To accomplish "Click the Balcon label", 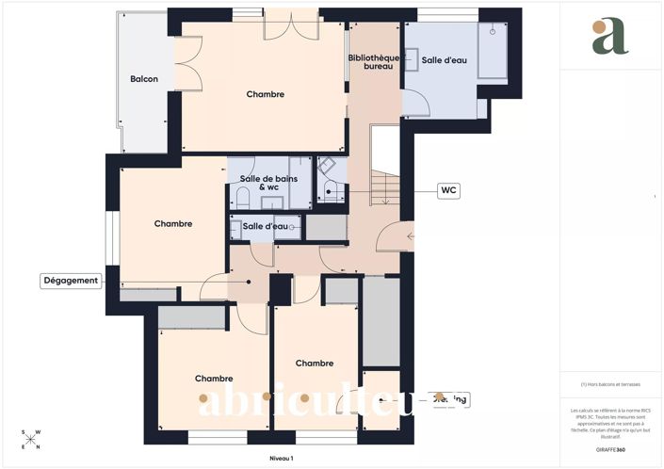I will pyautogui.click(x=144, y=79).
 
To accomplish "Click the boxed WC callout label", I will pyautogui.click(x=449, y=190).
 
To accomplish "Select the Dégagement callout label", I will pyautogui.click(x=71, y=281).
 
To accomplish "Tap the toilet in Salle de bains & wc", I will pyautogui.click(x=242, y=197).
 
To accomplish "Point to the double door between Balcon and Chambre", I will pyautogui.click(x=188, y=66).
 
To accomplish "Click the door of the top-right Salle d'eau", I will pyautogui.click(x=415, y=103).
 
